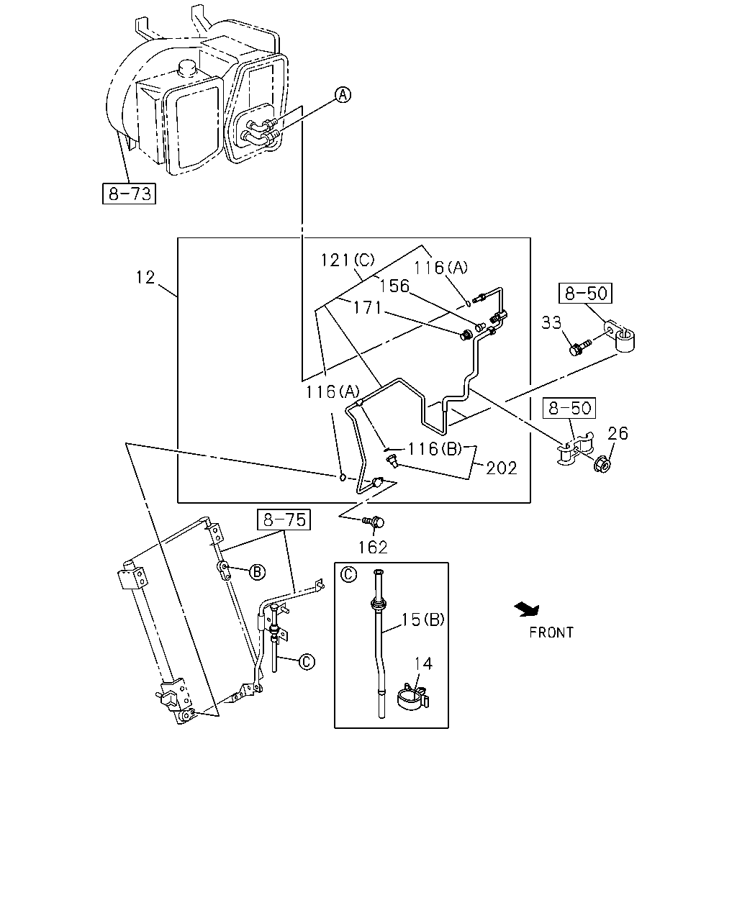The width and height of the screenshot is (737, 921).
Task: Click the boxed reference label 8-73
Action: click(129, 194)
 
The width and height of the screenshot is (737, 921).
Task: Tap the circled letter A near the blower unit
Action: click(343, 94)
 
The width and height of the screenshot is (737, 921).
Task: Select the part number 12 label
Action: click(145, 277)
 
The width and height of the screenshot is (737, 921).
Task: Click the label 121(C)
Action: click(348, 260)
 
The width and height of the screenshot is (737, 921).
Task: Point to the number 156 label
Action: click(394, 286)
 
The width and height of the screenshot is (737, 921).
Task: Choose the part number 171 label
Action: click(367, 307)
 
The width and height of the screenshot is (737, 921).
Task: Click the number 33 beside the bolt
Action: click(551, 322)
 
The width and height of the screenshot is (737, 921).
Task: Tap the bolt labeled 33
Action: click(579, 347)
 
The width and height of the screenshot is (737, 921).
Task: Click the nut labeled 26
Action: click(602, 464)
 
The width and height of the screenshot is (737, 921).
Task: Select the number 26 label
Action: click(618, 434)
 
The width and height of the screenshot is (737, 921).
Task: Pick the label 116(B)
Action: click(435, 449)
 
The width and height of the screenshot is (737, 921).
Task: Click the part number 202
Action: click(502, 468)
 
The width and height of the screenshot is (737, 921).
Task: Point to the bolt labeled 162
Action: click(374, 522)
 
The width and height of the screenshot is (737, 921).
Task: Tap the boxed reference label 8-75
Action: click(284, 520)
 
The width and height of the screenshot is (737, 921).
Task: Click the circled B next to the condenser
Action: click(257, 572)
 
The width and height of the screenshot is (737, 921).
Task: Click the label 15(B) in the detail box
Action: click(422, 620)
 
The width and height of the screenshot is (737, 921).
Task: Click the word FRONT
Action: click(551, 632)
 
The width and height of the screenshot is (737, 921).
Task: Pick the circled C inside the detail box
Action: click(348, 574)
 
